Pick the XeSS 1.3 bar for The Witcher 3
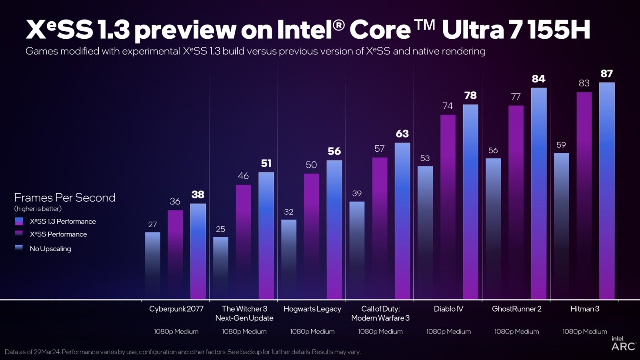[266, 236]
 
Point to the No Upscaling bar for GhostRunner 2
[493, 228]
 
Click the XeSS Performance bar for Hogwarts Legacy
[311, 236]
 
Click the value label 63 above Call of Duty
[402, 134]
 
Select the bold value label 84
[538, 79]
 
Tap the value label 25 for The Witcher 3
[220, 229]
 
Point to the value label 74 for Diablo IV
[448, 106]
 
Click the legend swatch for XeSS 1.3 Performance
[19, 221]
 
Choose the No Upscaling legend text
[50, 249]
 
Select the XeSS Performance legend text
[58, 234]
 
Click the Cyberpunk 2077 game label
[176, 309]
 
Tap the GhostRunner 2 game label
[516, 309]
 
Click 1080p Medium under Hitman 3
[584, 332]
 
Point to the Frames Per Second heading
[64, 198]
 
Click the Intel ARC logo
[623, 344]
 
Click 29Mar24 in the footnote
[47, 352]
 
